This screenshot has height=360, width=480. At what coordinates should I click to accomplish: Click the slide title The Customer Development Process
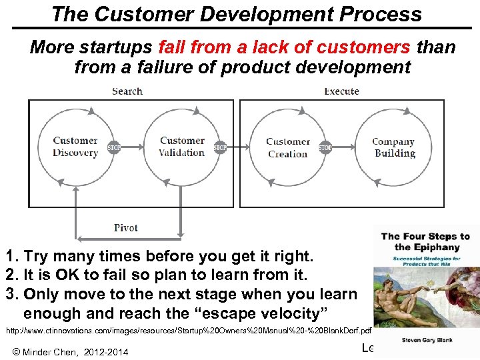click(236, 14)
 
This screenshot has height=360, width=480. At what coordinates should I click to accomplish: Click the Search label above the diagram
click(127, 91)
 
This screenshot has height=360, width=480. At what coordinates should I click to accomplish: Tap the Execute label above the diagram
click(341, 91)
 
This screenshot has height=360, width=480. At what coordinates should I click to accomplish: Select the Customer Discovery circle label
click(75, 147)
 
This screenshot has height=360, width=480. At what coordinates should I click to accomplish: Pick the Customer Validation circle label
click(182, 147)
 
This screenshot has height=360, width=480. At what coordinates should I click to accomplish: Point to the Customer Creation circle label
click(287, 147)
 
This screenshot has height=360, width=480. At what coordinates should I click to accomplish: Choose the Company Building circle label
click(393, 147)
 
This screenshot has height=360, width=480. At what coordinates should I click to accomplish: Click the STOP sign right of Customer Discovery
click(114, 147)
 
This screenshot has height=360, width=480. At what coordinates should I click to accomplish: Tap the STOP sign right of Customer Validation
click(220, 147)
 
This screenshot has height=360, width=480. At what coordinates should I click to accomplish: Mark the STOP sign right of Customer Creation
click(325, 147)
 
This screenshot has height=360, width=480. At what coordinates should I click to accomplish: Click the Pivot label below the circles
click(125, 228)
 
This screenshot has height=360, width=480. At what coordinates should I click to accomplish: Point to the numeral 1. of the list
click(11, 256)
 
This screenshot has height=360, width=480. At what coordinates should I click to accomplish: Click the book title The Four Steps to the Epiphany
click(425, 241)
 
